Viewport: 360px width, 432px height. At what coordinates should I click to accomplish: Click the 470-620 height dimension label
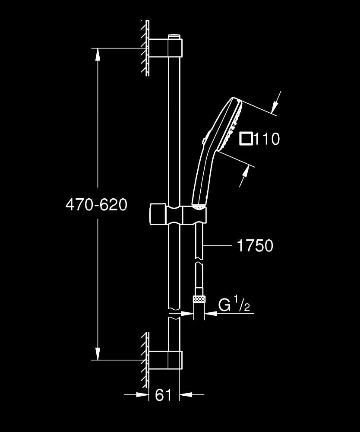(x=96, y=204)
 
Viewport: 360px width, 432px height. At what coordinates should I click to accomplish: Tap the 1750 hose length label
(x=255, y=246)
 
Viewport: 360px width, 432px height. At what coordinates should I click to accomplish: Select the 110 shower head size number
(x=267, y=139)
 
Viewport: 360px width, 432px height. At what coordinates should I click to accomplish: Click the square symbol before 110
(x=246, y=139)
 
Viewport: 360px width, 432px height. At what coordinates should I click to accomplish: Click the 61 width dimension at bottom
(x=163, y=395)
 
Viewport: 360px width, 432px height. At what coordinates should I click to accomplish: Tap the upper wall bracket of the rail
(x=166, y=48)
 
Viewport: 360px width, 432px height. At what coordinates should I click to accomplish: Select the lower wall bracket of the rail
(x=166, y=359)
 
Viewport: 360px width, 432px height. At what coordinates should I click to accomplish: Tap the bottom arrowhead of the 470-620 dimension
(x=98, y=354)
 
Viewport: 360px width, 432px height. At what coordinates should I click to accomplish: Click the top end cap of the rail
(x=174, y=36)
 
